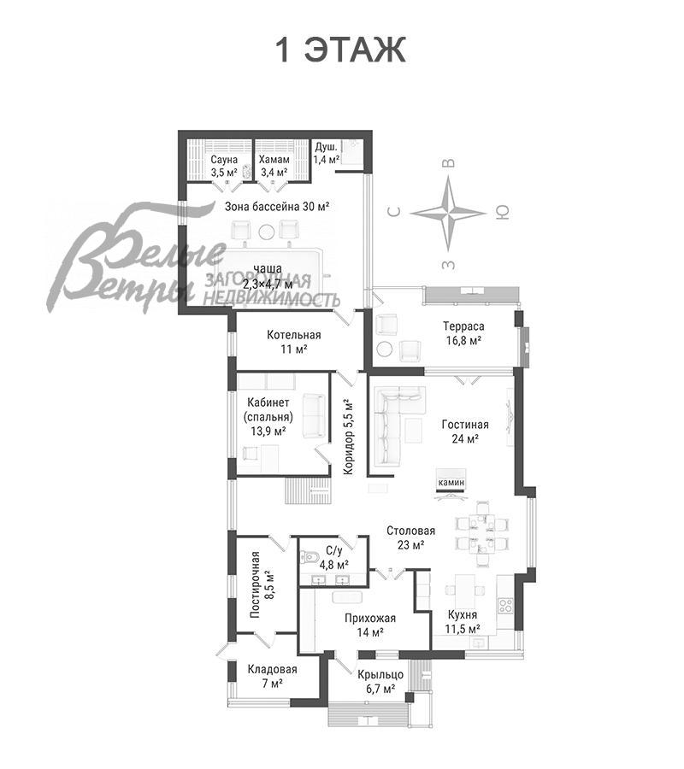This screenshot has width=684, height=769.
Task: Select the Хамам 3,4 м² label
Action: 274,166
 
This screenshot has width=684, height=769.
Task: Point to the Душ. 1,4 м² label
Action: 327,153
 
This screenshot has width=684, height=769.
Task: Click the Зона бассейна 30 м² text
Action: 277,207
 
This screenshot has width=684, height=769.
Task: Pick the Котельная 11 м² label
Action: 294,342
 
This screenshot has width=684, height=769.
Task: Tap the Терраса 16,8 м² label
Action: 463,333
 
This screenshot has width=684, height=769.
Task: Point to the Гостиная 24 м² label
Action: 464,431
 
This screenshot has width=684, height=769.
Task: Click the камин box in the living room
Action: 451,483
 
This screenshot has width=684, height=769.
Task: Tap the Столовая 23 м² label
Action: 410,537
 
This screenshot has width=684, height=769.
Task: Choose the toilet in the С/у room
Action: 310,557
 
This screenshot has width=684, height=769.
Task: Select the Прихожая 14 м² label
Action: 370,625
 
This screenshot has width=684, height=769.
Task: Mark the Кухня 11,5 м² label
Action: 463,622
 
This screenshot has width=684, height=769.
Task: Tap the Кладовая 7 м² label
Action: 273,676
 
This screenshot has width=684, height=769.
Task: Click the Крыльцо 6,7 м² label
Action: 380,682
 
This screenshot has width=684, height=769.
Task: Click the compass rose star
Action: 448,214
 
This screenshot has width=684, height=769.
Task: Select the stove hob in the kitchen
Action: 505,605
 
